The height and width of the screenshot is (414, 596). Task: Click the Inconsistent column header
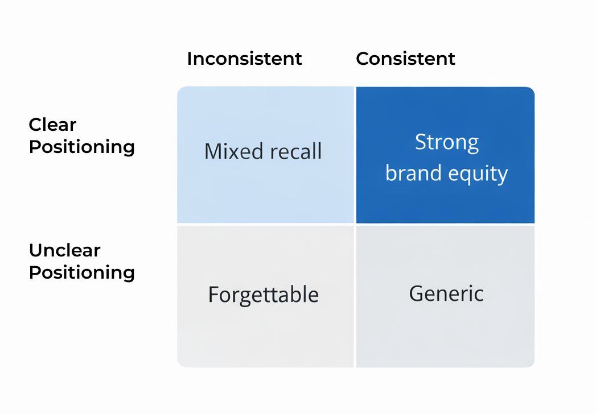click(244, 59)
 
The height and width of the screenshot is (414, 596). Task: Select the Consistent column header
click(405, 59)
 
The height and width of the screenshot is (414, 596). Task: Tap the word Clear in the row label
click(52, 125)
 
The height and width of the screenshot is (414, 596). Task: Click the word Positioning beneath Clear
click(81, 147)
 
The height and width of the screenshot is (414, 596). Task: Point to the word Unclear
click(64, 250)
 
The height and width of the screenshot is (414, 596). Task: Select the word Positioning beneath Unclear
click(81, 272)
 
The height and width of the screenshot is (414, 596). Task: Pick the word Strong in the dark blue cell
click(446, 142)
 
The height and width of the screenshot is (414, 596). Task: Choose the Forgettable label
click(263, 295)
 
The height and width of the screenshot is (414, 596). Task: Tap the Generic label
click(446, 293)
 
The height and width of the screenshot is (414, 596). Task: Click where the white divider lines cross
click(355, 225)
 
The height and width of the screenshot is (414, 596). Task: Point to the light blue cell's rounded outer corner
click(180, 90)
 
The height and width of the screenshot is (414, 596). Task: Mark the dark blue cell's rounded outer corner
click(532, 90)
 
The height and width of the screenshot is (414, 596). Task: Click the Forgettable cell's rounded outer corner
click(180, 364)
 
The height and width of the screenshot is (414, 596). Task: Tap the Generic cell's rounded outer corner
click(532, 364)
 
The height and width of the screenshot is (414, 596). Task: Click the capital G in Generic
click(417, 293)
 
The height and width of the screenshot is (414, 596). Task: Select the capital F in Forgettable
click(213, 295)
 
